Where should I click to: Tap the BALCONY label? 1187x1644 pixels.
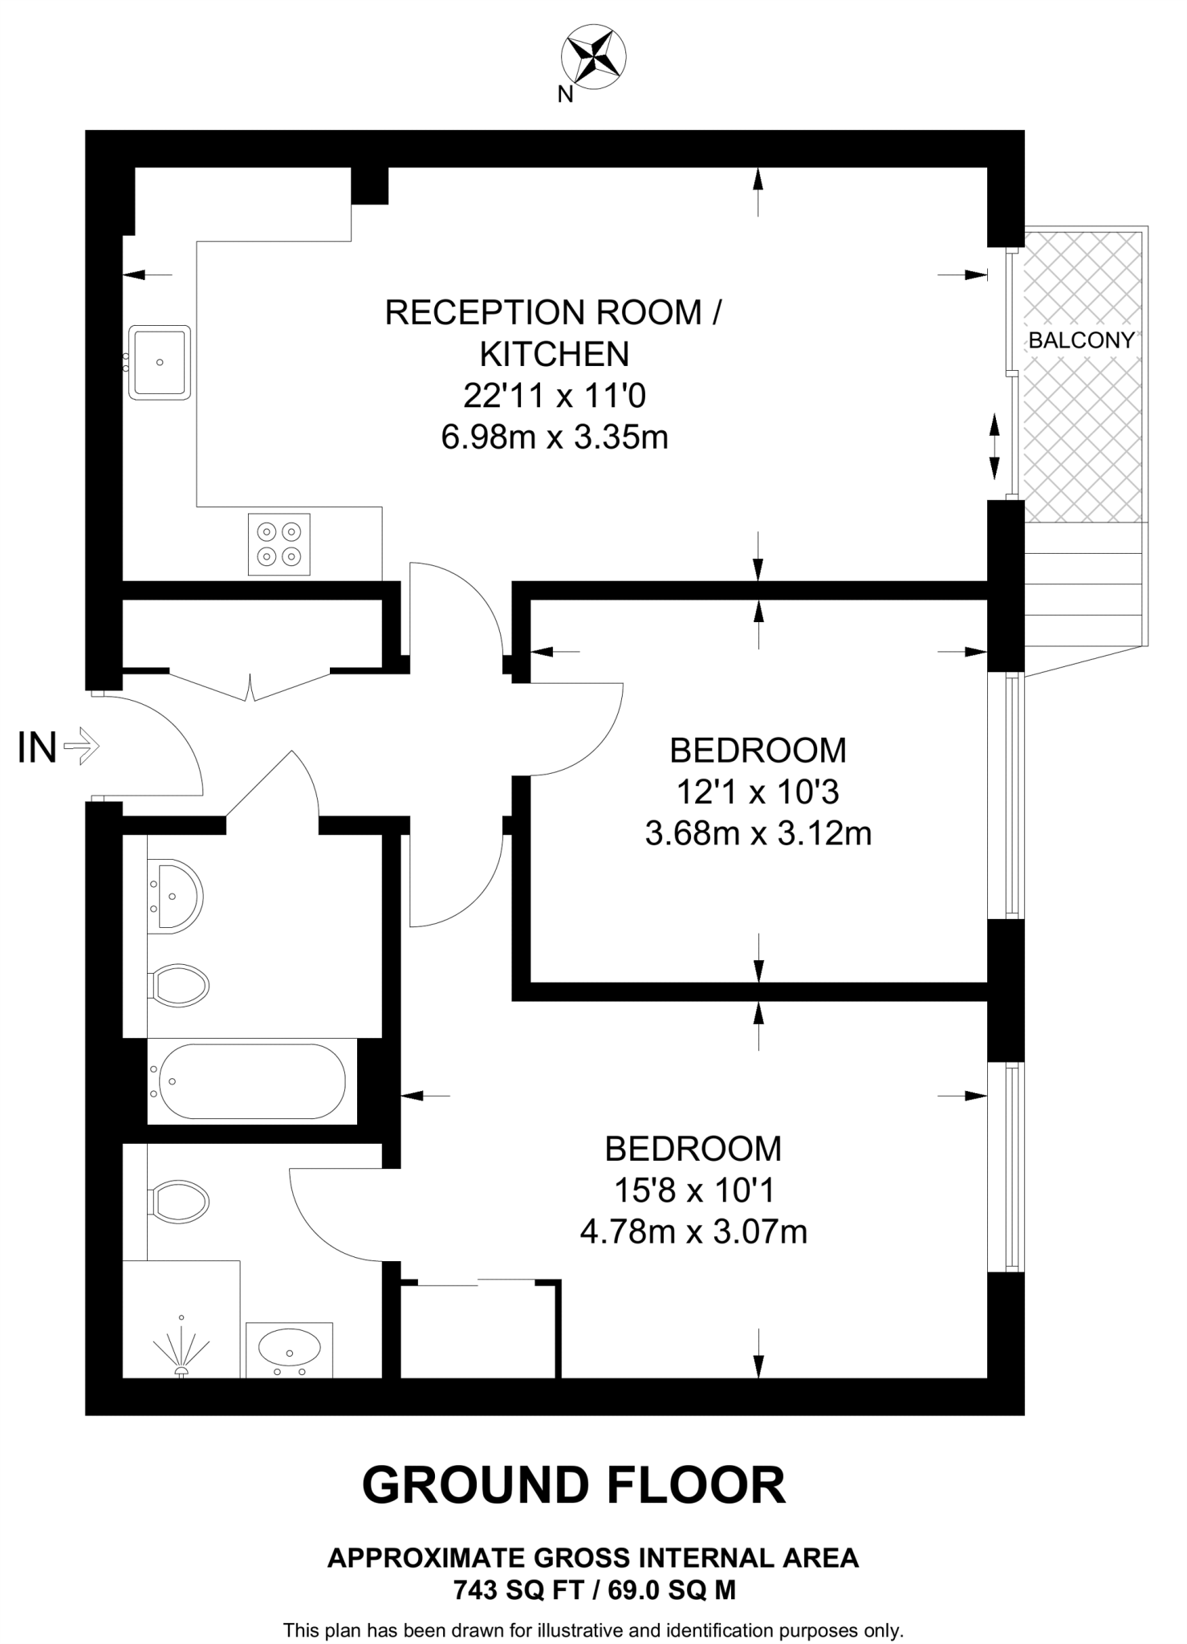tap(1081, 340)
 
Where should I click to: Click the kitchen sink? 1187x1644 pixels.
tap(160, 362)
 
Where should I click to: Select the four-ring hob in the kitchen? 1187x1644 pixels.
tap(278, 543)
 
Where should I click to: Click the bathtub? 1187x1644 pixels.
tap(252, 1081)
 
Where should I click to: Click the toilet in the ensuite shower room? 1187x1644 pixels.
tap(180, 1202)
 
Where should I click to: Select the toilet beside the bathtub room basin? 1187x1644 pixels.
tap(180, 985)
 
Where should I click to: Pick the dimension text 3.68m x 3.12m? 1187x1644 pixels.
tap(758, 834)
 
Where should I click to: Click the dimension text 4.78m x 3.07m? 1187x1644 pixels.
tap(693, 1231)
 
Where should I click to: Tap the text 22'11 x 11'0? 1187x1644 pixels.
tap(555, 396)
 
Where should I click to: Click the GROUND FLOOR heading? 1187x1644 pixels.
tap(574, 1485)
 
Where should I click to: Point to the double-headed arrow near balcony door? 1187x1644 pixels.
tap(994, 446)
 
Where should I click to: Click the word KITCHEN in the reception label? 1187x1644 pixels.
tap(555, 354)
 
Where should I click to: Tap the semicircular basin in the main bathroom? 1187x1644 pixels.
tap(178, 896)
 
